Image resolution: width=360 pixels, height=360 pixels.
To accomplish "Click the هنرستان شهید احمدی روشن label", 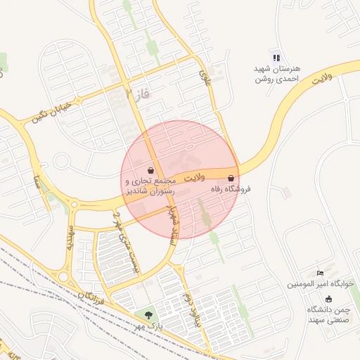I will [x=277, y=75].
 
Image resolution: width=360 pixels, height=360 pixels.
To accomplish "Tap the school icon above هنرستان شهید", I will [x=276, y=58].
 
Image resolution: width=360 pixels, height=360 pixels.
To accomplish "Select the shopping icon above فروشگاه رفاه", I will [x=231, y=179].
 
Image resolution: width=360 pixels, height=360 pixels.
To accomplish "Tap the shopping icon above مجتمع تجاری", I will [x=151, y=170].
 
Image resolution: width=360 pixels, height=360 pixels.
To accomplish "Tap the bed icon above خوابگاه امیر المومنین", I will [x=321, y=273].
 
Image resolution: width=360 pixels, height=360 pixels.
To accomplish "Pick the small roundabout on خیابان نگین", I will [x=61, y=161].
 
